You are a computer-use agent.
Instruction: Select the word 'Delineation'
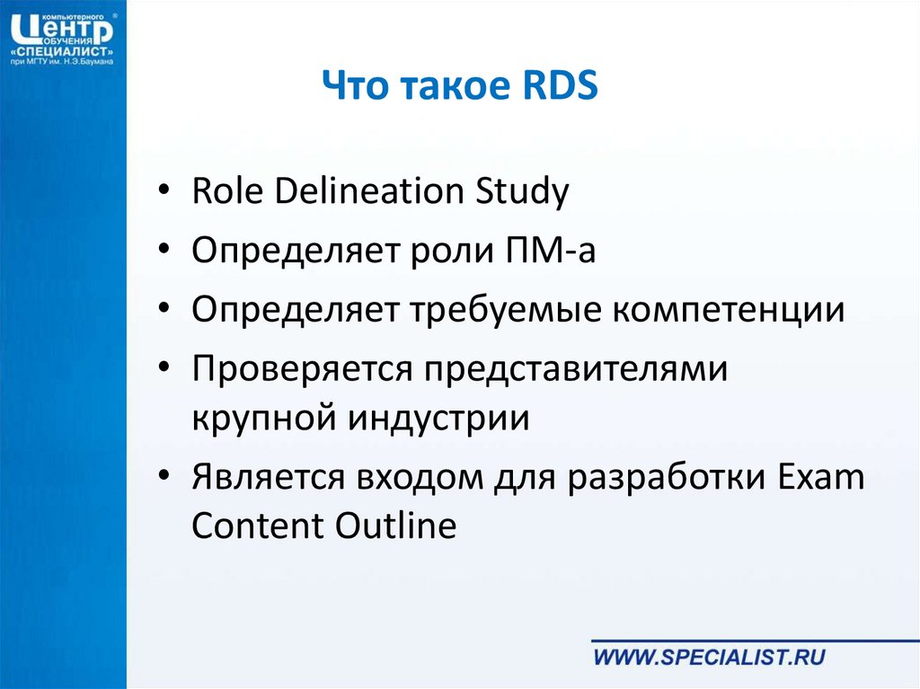pos(369,190)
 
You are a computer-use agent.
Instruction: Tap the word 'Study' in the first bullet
pos(522,191)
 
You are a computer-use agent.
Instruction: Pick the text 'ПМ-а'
pos(551,249)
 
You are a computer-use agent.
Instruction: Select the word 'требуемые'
pos(506,309)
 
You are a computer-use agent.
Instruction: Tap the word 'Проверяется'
pos(302,368)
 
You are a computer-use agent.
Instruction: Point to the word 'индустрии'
pos(438,418)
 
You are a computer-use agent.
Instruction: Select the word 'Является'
pos(268,476)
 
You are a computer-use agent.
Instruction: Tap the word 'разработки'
pos(668,478)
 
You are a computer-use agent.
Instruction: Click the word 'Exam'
pos(821,476)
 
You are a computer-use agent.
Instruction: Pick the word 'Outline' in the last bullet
pos(396,524)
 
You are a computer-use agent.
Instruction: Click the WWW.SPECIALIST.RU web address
pos(710,657)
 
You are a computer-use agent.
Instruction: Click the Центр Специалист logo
pos(62,39)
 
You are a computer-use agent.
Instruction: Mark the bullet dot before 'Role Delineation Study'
pos(164,190)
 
